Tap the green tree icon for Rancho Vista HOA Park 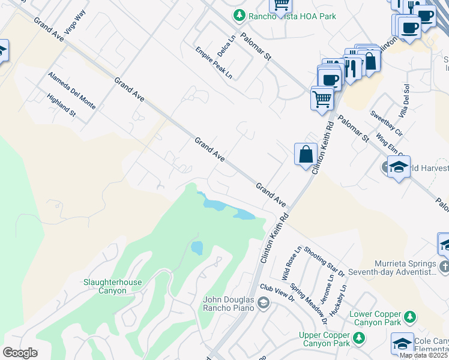point(240,14)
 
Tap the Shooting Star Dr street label point(325,262)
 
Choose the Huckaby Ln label point(343,296)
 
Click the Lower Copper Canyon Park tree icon point(410,316)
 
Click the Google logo point(20,353)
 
